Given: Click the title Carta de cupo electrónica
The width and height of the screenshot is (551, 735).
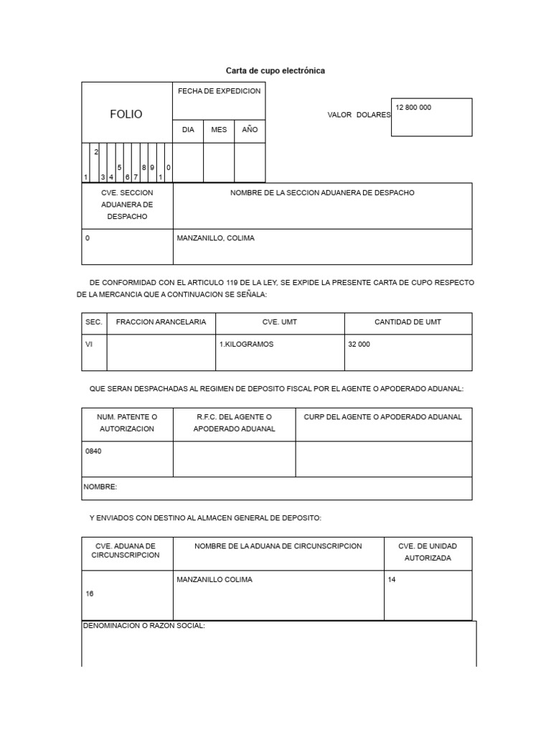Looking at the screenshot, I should pyautogui.click(x=275, y=70).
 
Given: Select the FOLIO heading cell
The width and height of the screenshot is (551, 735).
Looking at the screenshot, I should pyautogui.click(x=126, y=114).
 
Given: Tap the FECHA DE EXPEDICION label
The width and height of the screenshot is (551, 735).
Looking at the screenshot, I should pyautogui.click(x=219, y=91).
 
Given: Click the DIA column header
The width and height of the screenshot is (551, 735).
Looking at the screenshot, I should pyautogui.click(x=188, y=130).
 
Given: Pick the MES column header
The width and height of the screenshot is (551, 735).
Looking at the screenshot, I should pyautogui.click(x=219, y=130).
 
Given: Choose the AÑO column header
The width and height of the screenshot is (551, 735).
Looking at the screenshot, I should pyautogui.click(x=250, y=130).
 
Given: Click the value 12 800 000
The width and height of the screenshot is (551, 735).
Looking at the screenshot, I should pyautogui.click(x=413, y=108).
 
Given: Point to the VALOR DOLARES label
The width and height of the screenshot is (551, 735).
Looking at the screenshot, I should pyautogui.click(x=359, y=115).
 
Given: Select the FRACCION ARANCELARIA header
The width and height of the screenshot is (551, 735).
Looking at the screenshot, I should pyautogui.click(x=161, y=322).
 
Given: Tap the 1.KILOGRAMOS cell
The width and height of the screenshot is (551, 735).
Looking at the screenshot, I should pyautogui.click(x=246, y=344).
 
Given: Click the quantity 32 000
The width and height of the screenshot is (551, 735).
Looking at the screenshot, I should pyautogui.click(x=359, y=344).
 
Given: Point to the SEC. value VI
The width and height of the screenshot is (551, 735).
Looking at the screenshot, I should pyautogui.click(x=89, y=344).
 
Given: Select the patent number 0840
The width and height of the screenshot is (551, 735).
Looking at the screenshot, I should pyautogui.click(x=93, y=451).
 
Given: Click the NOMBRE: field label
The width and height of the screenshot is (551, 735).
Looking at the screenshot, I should pyautogui.click(x=100, y=487).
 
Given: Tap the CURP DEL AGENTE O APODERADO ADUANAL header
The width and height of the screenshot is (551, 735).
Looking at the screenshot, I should pyautogui.click(x=383, y=417).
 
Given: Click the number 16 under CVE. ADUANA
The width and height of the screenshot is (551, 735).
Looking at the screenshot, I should pyautogui.click(x=90, y=594).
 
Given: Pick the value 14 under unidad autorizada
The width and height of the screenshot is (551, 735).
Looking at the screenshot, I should pyautogui.click(x=392, y=580).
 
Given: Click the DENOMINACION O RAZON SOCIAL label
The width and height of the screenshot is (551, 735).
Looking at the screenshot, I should pyautogui.click(x=145, y=626).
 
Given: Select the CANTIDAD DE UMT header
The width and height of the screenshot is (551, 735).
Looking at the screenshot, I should pyautogui.click(x=408, y=322).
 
